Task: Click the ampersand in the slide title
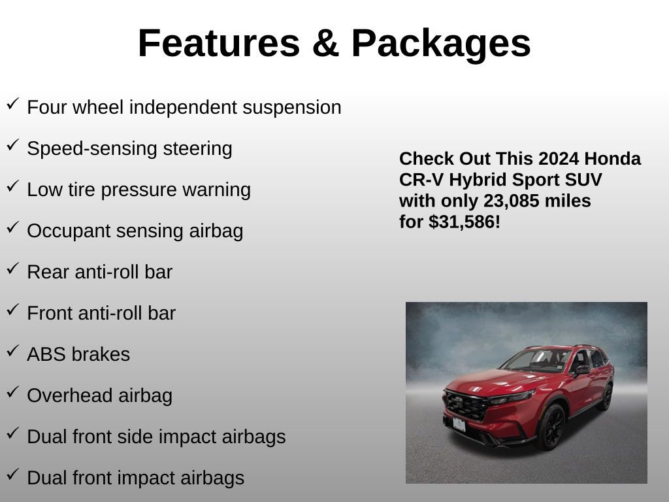[x=325, y=43]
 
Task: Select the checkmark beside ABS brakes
[x=13, y=351]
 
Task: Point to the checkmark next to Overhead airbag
[x=13, y=392]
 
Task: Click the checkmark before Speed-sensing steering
[x=13, y=145]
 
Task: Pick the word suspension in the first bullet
[x=292, y=108]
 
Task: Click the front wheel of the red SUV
[x=551, y=426]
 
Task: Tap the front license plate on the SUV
[x=459, y=425]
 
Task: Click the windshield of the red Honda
[x=537, y=360]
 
